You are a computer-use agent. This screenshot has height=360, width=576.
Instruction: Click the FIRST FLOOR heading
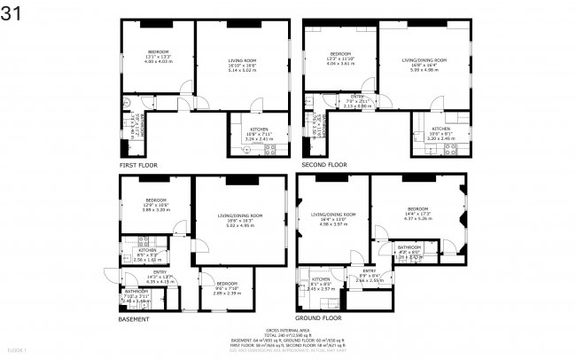[139, 165]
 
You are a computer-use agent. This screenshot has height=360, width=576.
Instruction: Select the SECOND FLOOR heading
[324, 165]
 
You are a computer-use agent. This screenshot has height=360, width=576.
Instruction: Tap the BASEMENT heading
[134, 318]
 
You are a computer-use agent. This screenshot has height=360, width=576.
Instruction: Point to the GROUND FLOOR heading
[319, 317]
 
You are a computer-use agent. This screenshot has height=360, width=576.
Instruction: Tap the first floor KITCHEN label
[259, 130]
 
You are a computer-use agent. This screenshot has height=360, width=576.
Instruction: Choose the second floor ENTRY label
[357, 96]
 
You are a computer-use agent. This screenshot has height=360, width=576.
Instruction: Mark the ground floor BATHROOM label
[409, 247]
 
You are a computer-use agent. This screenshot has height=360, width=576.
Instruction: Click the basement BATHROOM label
[136, 291]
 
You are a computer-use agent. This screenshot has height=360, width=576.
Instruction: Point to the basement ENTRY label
[160, 272]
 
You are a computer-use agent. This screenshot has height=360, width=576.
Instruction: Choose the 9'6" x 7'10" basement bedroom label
[227, 283]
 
